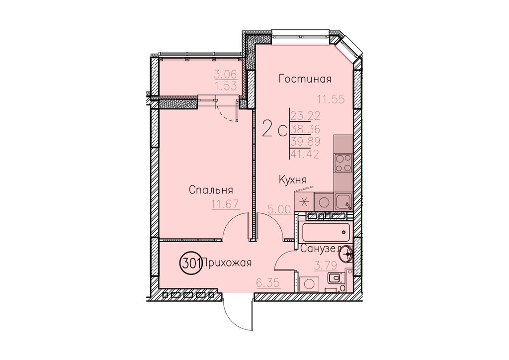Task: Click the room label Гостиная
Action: (305, 79)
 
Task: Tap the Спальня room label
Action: (211, 189)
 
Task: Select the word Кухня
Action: (293, 180)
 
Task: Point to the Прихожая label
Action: (227, 263)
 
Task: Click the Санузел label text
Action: (320, 249)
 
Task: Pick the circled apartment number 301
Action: (190, 263)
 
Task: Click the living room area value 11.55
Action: (331, 99)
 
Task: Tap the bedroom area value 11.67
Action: (225, 204)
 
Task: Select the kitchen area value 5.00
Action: (279, 210)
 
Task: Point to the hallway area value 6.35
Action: (268, 283)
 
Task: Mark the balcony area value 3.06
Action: (226, 75)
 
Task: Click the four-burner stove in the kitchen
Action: (343, 163)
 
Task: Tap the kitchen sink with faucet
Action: (343, 202)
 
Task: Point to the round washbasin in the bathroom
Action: (345, 253)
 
